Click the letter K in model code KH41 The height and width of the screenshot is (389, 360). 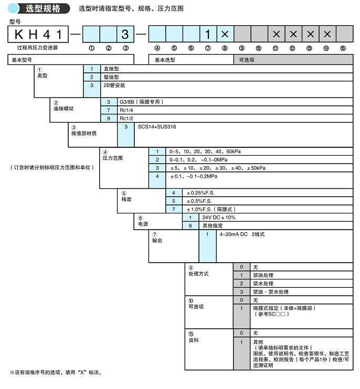coord(18,35)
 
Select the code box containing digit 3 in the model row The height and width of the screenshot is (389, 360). coord(125,35)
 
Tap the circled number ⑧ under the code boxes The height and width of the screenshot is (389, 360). coord(225,48)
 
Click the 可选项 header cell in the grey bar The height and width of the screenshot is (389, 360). coord(247,60)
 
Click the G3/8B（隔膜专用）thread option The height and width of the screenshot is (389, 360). coord(143,102)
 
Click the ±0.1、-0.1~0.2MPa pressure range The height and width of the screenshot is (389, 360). coord(194,177)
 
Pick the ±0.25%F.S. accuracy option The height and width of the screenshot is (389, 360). coord(202,193)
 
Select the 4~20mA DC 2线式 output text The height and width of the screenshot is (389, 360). coord(242,234)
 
